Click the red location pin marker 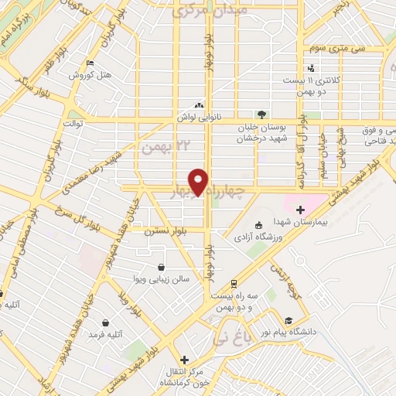200,182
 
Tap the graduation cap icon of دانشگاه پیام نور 288,321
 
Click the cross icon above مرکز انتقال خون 184,360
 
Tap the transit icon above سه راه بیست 232,284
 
